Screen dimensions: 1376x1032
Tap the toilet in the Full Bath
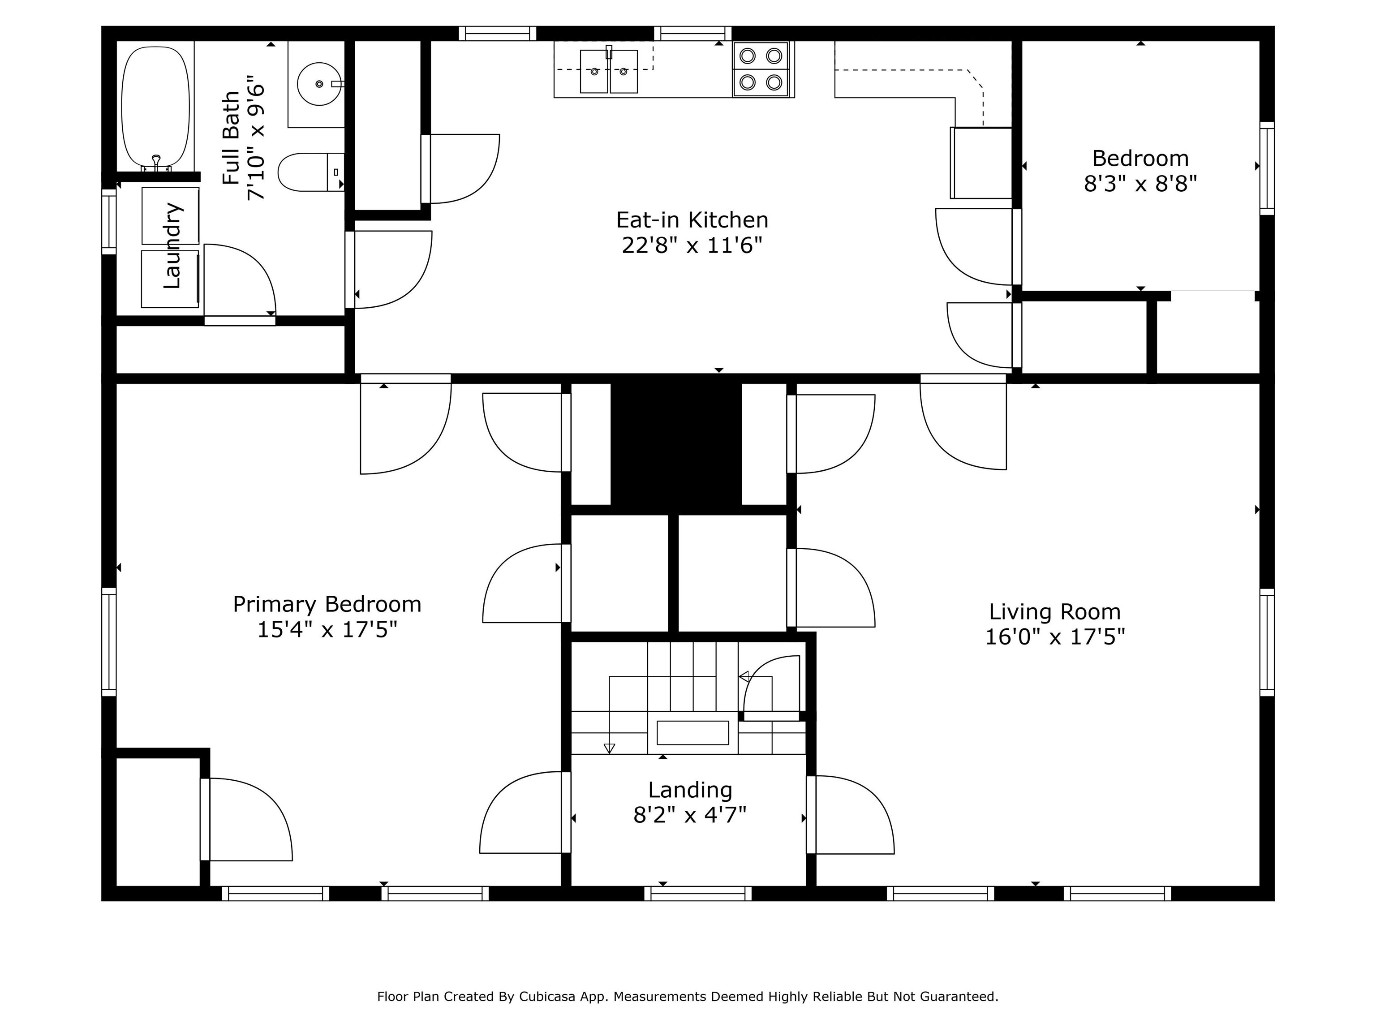310,172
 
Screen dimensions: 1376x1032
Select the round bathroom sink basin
319,84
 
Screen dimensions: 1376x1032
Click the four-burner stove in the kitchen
761,69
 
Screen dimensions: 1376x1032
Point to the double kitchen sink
609,72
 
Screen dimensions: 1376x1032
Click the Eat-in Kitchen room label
692,219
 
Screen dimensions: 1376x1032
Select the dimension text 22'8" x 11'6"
692,246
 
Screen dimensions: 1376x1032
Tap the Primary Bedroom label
327,605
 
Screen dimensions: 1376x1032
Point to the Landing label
690,790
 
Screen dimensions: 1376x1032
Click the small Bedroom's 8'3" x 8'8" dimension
1140,184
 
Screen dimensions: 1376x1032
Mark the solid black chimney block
676,443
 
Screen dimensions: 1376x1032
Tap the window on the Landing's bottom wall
697,893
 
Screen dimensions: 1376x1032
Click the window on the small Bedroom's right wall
1267,168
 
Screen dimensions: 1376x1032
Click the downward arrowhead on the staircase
609,748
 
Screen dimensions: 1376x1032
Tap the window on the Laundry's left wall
109,221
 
